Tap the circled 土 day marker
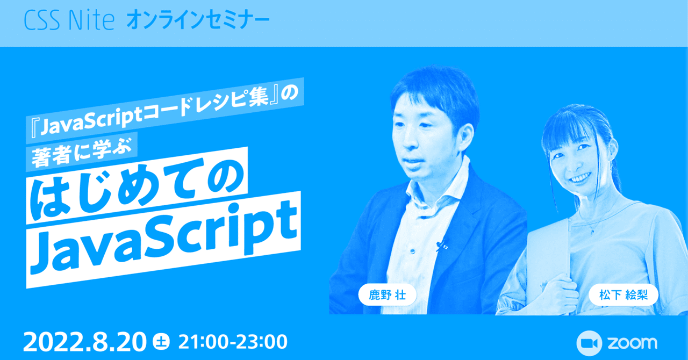tap(162, 341)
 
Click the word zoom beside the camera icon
tap(633, 343)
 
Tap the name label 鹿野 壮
tap(388, 294)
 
